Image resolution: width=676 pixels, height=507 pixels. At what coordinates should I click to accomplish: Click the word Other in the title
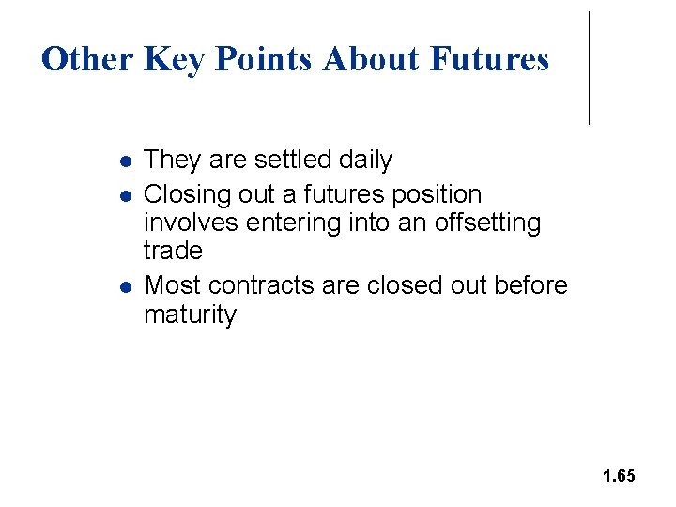click(x=88, y=59)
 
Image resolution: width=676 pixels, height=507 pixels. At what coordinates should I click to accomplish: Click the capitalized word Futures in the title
click(x=489, y=59)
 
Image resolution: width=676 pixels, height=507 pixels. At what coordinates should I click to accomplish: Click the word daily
click(x=365, y=161)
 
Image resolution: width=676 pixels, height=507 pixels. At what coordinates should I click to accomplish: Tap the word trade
click(x=173, y=251)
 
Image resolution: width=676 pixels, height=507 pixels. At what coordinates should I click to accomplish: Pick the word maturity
click(x=191, y=315)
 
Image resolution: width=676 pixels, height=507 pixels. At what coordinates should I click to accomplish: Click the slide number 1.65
click(x=619, y=476)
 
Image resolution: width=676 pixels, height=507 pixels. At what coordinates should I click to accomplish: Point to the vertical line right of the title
click(x=589, y=68)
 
